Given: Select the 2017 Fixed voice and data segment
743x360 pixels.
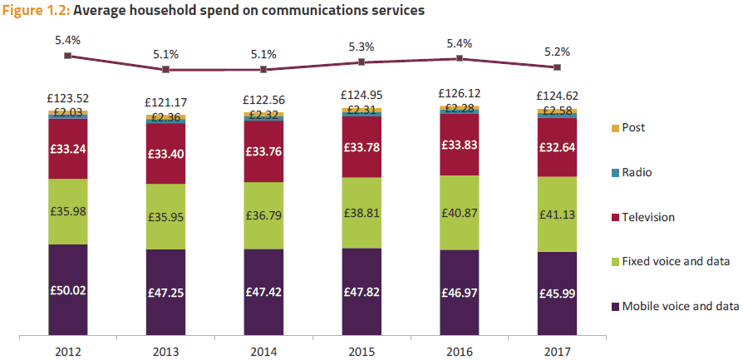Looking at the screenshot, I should pyautogui.click(x=558, y=214).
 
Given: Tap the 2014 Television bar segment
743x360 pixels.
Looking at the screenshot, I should pyautogui.click(x=263, y=150).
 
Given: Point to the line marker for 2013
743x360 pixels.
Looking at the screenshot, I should pyautogui.click(x=166, y=69).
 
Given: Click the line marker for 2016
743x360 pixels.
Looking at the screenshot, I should pyautogui.click(x=460, y=58).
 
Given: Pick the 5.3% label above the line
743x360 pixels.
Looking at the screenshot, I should pyautogui.click(x=362, y=47).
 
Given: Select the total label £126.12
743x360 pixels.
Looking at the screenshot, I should pyautogui.click(x=460, y=94).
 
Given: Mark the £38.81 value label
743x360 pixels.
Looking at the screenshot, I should pyautogui.click(x=362, y=213).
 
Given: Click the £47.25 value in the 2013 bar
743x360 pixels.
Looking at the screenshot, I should pyautogui.click(x=166, y=293).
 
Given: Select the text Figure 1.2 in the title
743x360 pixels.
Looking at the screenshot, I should pyautogui.click(x=34, y=11).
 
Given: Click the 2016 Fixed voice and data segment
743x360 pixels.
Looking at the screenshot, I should pyautogui.click(x=460, y=212).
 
